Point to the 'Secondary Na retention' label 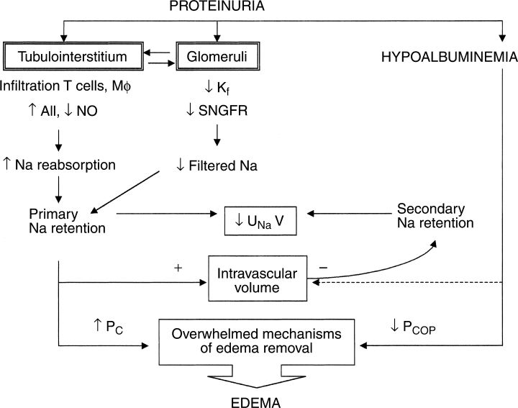tap(435, 215)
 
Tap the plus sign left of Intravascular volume tap(176, 266)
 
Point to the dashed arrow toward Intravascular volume tap(403, 283)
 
